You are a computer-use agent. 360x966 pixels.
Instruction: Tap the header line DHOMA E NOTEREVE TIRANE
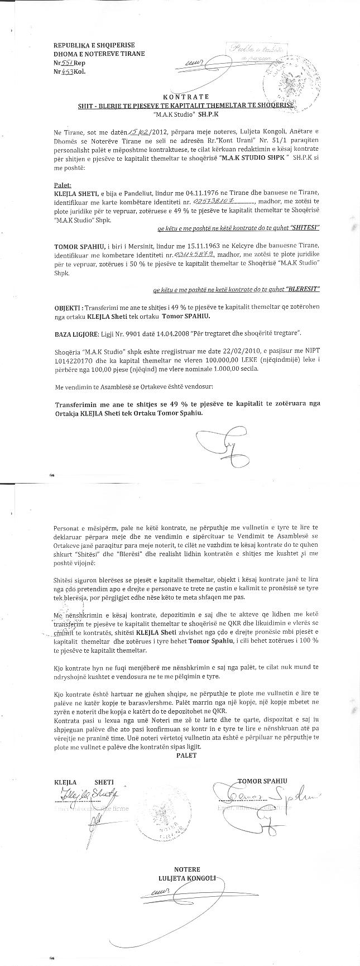click(99, 54)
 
